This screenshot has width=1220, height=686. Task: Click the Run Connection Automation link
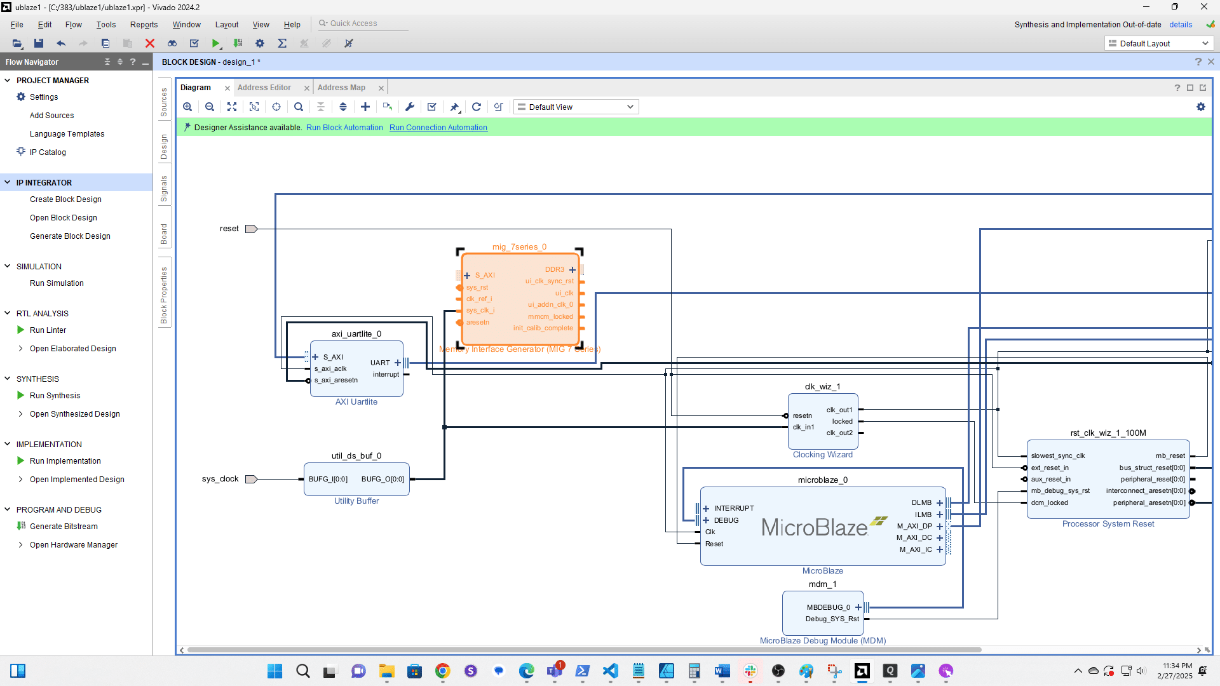(x=438, y=128)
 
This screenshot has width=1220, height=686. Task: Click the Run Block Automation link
(x=344, y=128)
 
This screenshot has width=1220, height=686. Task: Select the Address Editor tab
(x=264, y=88)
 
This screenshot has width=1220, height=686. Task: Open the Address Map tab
(x=341, y=88)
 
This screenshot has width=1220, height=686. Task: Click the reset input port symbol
(x=251, y=229)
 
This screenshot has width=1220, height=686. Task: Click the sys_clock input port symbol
(x=251, y=479)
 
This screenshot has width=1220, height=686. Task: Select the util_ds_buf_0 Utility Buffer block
(x=356, y=490)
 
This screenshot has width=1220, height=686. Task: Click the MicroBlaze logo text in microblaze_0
(x=815, y=527)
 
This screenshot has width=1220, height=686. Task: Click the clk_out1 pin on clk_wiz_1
(x=839, y=410)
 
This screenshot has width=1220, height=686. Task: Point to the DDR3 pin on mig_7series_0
(x=555, y=269)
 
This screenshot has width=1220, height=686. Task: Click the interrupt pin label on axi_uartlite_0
(x=386, y=375)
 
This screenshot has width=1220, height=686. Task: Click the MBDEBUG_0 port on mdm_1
(x=828, y=607)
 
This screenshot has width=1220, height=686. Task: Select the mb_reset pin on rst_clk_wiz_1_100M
(x=1170, y=456)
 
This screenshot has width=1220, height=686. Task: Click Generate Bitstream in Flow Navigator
(x=64, y=527)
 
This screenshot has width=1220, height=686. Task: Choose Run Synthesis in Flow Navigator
(x=55, y=396)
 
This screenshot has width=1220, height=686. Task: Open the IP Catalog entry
(x=48, y=152)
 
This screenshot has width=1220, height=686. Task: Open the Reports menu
(x=144, y=25)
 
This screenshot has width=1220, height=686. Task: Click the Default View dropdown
(x=576, y=107)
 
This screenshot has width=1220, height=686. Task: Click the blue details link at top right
(x=1181, y=25)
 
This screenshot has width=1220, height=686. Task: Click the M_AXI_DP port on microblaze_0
(x=914, y=526)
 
